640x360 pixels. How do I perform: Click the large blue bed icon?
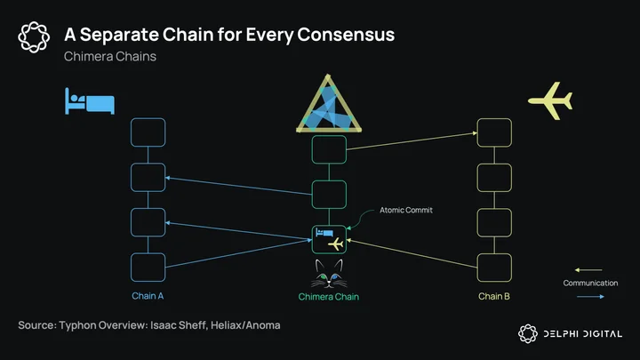tap(90, 101)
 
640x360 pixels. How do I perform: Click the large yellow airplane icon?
tap(550, 100)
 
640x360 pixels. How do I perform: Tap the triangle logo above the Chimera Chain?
tap(329, 104)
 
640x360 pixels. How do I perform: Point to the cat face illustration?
tap(329, 274)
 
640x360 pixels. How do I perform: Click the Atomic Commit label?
tap(406, 210)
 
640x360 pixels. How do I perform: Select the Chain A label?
tap(148, 296)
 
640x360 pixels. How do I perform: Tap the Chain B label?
tap(494, 296)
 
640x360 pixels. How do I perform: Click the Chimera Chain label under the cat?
tap(329, 297)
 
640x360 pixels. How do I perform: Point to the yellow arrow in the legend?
tap(588, 270)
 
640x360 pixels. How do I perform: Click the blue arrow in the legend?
tap(590, 297)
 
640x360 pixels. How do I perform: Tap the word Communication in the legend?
tap(590, 283)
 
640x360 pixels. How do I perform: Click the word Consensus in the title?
tap(346, 35)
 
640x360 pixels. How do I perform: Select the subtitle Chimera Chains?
tap(110, 56)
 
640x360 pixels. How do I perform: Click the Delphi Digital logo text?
tap(583, 334)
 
